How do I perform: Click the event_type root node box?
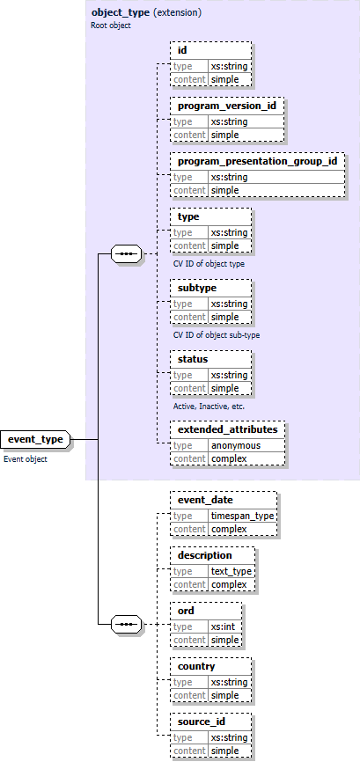pyautogui.click(x=34, y=439)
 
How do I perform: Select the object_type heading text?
pyautogui.click(x=120, y=13)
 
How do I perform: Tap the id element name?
pyautogui.click(x=182, y=50)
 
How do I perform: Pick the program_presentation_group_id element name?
pyautogui.click(x=257, y=161)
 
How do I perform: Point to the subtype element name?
pyautogui.click(x=197, y=288)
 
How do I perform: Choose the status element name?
pyautogui.click(x=193, y=359)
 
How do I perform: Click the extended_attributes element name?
pyautogui.click(x=227, y=430)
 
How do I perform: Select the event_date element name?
pyautogui.click(x=205, y=500)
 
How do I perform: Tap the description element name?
pyautogui.click(x=205, y=555)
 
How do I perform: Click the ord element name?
pyautogui.click(x=186, y=611)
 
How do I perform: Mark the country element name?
pyautogui.click(x=196, y=666)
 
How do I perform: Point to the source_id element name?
pyautogui.click(x=202, y=722)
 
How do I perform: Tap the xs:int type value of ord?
pyautogui.click(x=224, y=626)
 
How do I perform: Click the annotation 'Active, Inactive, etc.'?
pyautogui.click(x=209, y=406)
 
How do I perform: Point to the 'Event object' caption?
pyautogui.click(x=26, y=459)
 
